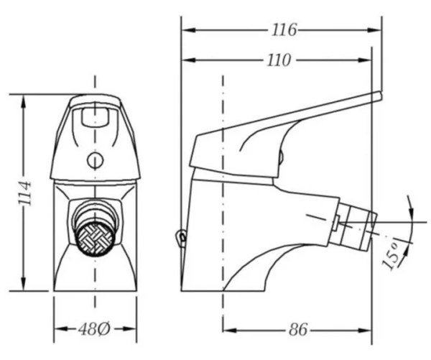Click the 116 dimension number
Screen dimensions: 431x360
coord(284,29)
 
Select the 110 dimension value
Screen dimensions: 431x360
coord(279,60)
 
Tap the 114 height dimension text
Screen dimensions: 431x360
coord(25,193)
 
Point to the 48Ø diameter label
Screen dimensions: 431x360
coord(94,329)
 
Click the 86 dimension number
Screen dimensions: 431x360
coord(298,329)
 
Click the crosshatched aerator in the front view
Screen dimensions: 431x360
coord(95,238)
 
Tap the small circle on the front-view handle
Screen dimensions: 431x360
coord(95,160)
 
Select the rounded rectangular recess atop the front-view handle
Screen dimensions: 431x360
coord(95,116)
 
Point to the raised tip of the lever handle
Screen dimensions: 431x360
coord(380,96)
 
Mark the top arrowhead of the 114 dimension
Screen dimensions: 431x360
coord(24,102)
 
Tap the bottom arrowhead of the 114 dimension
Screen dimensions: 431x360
coord(24,283)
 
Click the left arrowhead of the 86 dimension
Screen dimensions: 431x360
coord(230,330)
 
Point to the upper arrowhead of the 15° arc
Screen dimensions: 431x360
coord(411,211)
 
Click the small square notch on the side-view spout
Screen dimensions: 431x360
coord(335,223)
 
